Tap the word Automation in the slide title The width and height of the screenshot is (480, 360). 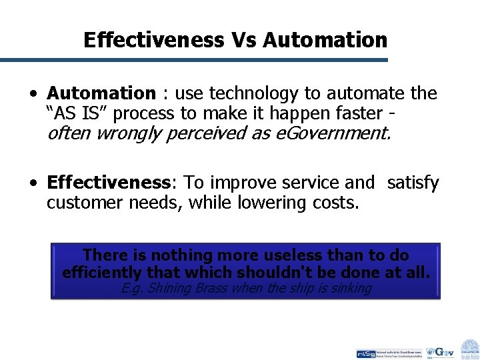tap(325, 40)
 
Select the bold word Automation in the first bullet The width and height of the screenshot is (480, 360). tap(101, 93)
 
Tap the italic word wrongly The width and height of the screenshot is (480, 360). tap(130, 133)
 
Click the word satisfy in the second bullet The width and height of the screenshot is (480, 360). tap(413, 183)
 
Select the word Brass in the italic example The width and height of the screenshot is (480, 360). tap(209, 288)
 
